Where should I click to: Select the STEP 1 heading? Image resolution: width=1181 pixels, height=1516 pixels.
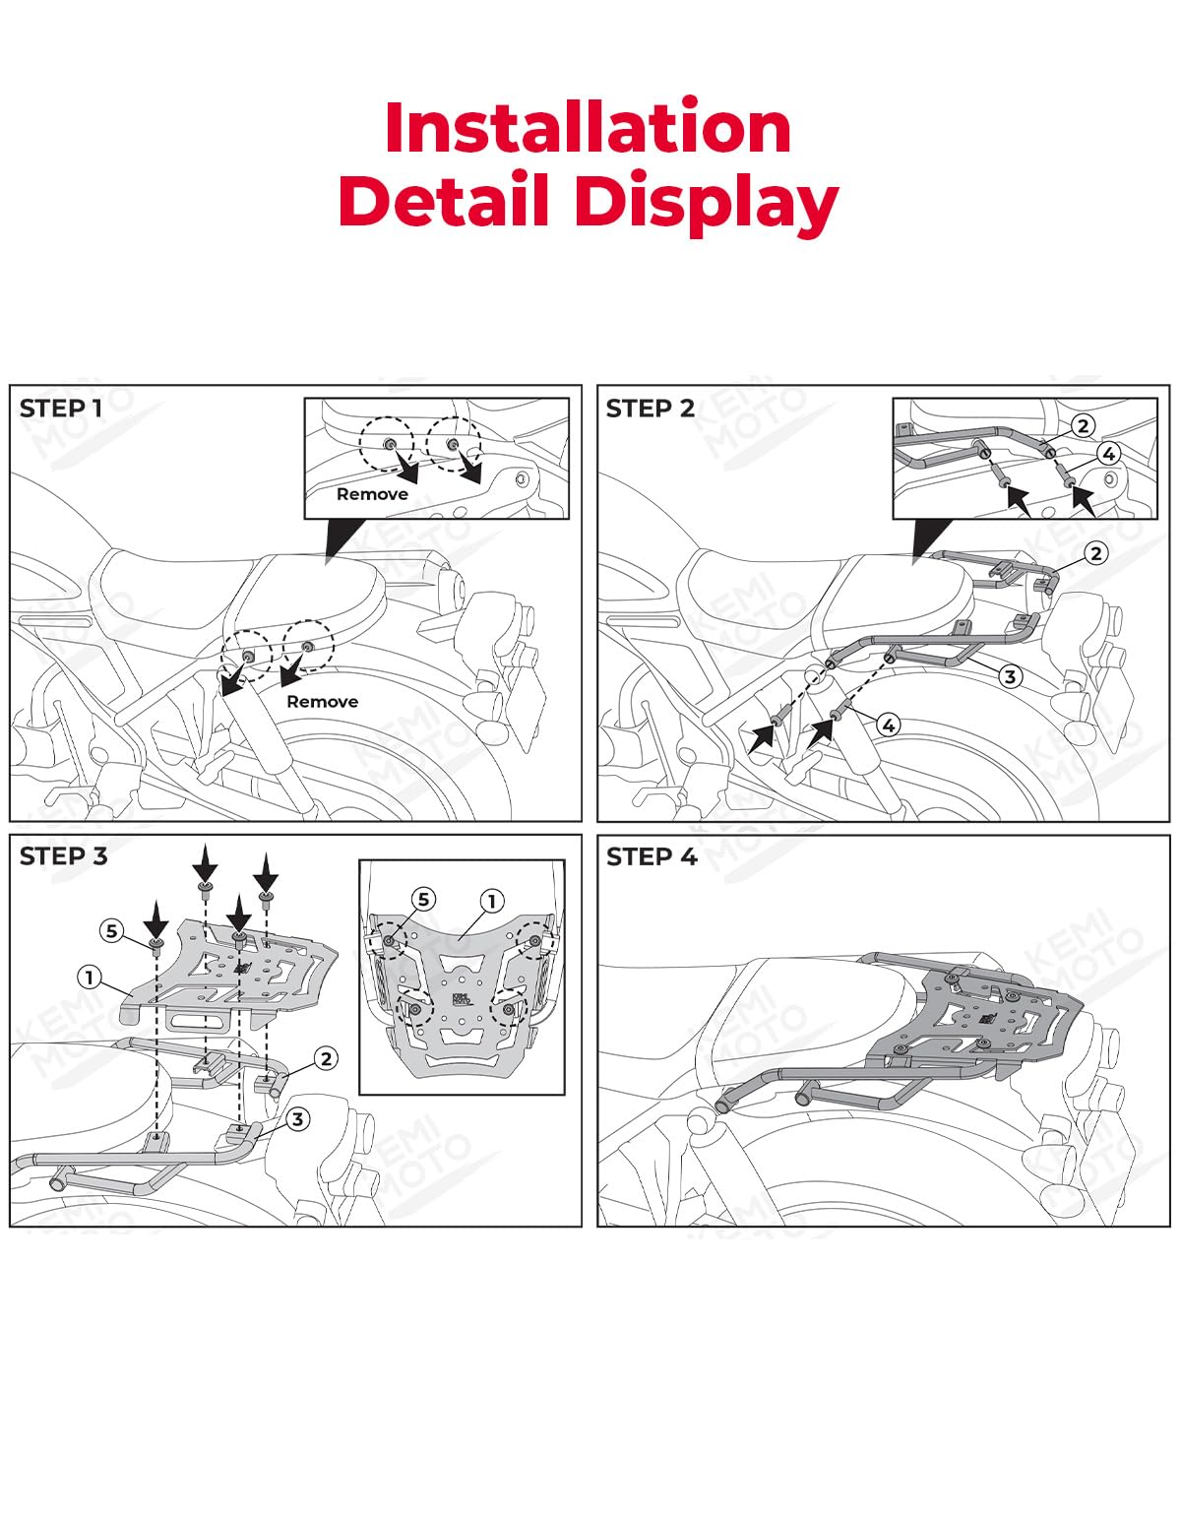point(61,409)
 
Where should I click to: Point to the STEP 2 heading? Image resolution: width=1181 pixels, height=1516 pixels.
point(650,409)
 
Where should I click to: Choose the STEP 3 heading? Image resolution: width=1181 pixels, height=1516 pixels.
point(63,856)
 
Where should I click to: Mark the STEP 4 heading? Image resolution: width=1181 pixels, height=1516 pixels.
point(652,856)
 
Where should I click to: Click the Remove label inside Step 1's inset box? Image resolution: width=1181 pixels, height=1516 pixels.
point(372,494)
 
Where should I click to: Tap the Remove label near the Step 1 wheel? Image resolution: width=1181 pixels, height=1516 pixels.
point(322,701)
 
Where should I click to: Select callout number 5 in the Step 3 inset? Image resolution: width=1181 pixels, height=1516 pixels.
point(423,899)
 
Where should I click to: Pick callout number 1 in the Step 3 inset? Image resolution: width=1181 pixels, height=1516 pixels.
point(491,901)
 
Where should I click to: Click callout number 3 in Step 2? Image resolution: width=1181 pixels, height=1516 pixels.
point(1010,675)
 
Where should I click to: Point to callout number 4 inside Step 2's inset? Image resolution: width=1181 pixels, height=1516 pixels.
point(1108,454)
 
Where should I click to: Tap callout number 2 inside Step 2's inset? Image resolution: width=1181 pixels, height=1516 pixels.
point(1083,425)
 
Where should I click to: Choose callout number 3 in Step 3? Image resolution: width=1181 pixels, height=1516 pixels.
point(297,1119)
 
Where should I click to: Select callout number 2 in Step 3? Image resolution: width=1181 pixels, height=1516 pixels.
point(326,1059)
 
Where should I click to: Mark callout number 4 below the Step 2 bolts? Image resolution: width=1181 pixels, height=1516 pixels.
point(888,726)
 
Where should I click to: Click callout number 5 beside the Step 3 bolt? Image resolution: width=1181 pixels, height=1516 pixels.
point(112,930)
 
